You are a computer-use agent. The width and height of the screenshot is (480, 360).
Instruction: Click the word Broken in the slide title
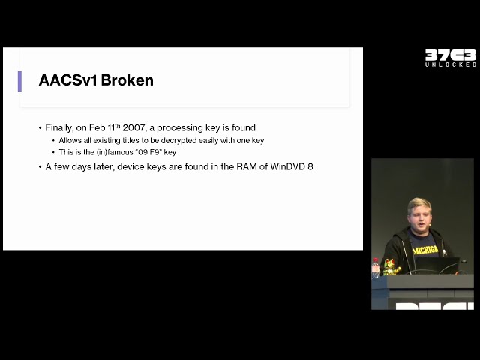127,80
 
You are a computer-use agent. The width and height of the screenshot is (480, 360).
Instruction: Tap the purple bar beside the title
19,81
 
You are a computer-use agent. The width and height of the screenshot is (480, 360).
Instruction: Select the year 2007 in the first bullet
133,128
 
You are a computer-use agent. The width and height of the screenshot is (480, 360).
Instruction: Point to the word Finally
59,128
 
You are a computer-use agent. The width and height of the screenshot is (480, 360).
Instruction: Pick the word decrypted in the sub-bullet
178,141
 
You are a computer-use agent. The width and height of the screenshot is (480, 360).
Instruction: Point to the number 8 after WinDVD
310,166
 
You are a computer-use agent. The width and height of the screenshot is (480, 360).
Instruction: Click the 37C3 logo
451,55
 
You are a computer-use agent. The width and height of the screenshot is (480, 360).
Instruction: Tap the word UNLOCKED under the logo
451,64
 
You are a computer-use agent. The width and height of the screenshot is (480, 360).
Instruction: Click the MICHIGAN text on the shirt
425,250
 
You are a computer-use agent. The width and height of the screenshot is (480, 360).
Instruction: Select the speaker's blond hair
419,205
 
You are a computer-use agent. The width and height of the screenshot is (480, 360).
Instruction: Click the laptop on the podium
437,265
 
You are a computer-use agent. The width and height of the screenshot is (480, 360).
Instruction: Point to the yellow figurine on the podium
391,267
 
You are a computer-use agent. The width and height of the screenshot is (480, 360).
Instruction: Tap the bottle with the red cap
376,268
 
